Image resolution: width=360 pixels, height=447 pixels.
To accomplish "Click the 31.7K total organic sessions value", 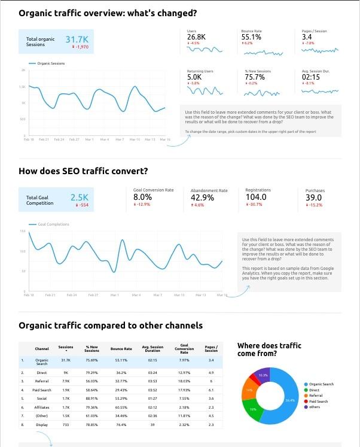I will click(77, 39).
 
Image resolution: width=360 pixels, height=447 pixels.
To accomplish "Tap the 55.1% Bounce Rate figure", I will click(251, 37).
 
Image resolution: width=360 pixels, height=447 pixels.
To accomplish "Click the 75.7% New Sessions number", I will click(255, 77).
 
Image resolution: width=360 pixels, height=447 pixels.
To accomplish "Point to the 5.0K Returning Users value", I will click(194, 77).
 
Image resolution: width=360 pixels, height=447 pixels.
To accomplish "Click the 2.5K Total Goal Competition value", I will click(79, 197).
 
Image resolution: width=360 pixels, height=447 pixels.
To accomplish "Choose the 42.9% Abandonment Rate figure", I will click(202, 197).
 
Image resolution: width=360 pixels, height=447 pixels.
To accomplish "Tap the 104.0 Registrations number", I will click(256, 197).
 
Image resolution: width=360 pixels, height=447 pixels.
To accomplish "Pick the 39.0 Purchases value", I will click(313, 197).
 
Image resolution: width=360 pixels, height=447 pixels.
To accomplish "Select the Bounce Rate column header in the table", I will click(121, 348).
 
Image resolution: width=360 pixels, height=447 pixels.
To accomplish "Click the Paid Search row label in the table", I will click(42, 389).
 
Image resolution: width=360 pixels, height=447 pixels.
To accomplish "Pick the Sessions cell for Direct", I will click(66, 372).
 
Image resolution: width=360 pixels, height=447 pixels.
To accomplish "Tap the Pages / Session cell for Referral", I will click(210, 381).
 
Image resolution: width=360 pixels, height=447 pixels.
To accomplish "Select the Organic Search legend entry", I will click(321, 384).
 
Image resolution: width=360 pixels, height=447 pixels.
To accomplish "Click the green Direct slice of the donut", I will click(253, 409).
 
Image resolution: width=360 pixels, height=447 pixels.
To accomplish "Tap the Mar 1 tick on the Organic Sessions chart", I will click(89, 139).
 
